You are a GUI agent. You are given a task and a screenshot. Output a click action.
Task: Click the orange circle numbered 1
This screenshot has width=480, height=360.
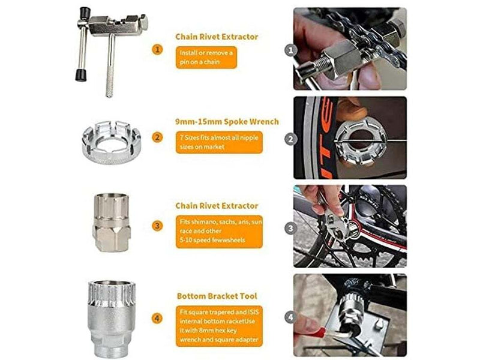tap(157, 49)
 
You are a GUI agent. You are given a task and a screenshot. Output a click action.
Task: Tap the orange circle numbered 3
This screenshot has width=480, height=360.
tap(157, 226)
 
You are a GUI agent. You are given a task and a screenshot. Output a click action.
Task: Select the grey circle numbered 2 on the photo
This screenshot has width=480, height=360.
tap(291, 139)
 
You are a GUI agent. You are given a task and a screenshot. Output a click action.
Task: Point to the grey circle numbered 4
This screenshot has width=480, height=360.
tap(291, 316)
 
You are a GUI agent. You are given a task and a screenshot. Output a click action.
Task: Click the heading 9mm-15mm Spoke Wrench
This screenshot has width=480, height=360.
tap(227, 122)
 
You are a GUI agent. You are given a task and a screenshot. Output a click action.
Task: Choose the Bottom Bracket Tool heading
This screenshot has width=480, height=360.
tap(217, 296)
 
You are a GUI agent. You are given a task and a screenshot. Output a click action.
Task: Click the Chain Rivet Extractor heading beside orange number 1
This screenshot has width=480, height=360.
tap(217, 37)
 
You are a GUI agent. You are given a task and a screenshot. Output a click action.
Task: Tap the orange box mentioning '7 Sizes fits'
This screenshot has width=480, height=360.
tap(220, 142)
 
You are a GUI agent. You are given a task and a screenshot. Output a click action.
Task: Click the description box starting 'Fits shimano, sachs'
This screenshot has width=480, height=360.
tap(220, 230)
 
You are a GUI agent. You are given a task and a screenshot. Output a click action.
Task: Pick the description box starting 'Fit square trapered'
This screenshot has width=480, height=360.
tap(220, 323)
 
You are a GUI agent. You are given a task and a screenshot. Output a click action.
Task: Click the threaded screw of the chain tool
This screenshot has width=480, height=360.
tap(110, 78)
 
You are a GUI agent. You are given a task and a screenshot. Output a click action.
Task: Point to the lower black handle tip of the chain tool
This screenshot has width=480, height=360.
tap(78, 75)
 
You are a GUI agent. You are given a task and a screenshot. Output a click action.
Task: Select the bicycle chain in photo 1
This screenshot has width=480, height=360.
tap(360, 36)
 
